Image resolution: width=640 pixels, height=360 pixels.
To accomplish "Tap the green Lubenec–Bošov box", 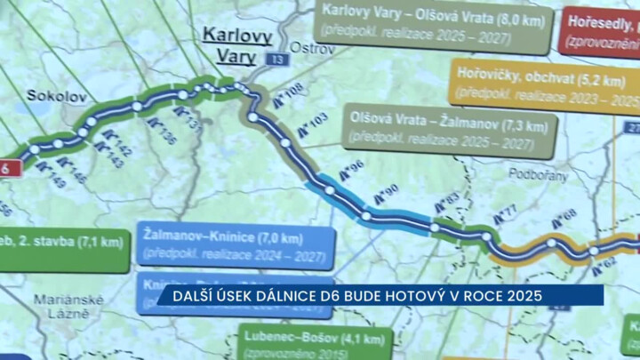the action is tap(315, 342).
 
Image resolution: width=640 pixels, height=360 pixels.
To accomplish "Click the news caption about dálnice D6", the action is tap(381, 294).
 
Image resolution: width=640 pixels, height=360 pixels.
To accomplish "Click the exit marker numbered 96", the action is tap(348, 170).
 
